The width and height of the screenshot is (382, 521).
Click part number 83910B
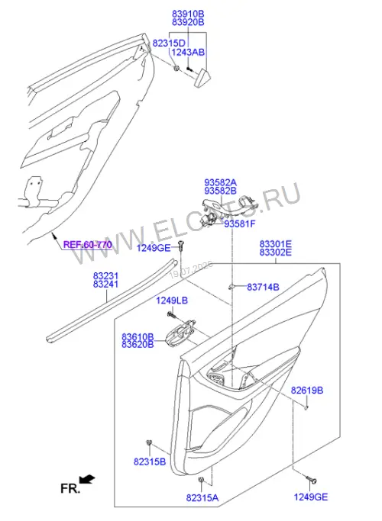[x=188, y=14]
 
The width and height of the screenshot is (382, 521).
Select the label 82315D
[x=169, y=43]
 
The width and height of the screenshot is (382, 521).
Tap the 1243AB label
[x=189, y=52]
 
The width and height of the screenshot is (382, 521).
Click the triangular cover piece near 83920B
[x=202, y=78]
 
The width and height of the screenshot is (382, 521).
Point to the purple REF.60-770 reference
[x=88, y=245]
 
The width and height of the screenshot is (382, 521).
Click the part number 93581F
[x=240, y=224]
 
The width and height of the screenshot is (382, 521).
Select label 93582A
[x=221, y=182]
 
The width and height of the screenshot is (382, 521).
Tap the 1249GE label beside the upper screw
[x=154, y=248]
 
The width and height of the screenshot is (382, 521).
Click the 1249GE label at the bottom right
[x=310, y=497]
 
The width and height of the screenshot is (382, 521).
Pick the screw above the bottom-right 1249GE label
[x=311, y=480]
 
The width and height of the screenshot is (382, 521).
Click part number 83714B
[x=263, y=287]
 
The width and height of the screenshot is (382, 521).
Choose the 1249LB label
[x=172, y=301]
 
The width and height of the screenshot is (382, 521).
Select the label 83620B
[x=138, y=345]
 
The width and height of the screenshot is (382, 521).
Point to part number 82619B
[x=307, y=390]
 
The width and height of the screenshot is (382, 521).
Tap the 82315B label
[x=150, y=462]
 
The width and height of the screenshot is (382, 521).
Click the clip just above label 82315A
[x=201, y=480]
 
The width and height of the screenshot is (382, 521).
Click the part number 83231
[x=105, y=276]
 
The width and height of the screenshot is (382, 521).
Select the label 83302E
[x=276, y=252]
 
